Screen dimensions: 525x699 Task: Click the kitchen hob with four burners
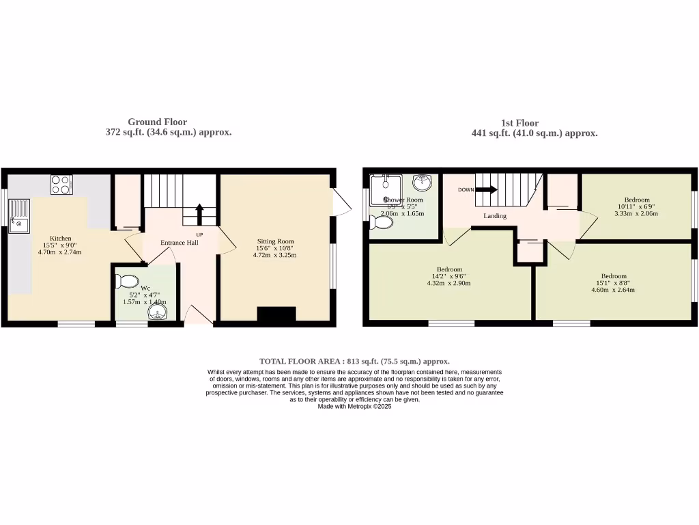click(61, 185)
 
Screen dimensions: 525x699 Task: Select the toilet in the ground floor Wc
click(128, 280)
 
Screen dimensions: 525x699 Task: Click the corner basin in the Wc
click(158, 313)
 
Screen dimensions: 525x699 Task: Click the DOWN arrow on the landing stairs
click(487, 190)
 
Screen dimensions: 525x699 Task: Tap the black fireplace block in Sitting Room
click(276, 314)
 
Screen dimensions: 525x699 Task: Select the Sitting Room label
click(275, 241)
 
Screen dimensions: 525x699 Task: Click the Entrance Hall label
click(180, 243)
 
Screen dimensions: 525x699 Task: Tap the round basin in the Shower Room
click(423, 183)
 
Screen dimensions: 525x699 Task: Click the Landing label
click(495, 216)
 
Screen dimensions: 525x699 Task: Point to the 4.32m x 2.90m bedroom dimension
click(448, 283)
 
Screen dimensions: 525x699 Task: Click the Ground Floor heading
click(157, 122)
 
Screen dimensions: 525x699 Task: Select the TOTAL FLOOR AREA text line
click(354, 361)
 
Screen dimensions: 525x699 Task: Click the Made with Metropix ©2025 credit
click(354, 406)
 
